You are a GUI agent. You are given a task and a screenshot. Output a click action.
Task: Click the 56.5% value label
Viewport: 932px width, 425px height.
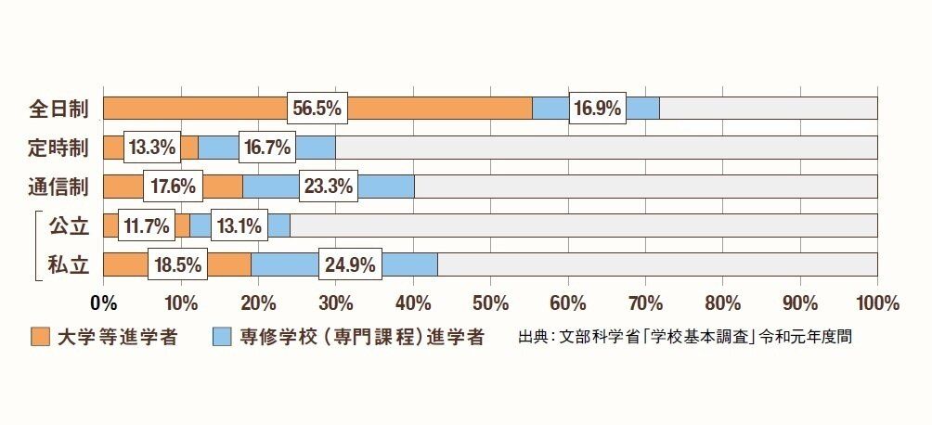(x=317, y=109)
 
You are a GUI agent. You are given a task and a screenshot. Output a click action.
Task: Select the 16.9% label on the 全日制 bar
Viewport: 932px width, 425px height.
(x=597, y=109)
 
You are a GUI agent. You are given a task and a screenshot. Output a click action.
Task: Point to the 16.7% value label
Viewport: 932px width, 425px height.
(x=266, y=148)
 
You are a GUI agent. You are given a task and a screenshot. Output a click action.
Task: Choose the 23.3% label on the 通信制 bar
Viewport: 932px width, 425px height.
(x=328, y=187)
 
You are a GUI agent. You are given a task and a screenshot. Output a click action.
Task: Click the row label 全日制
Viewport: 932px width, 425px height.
(x=58, y=109)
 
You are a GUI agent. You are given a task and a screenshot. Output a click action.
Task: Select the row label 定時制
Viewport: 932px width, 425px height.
(x=58, y=148)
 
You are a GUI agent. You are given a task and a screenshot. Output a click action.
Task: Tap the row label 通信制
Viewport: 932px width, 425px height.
(x=58, y=187)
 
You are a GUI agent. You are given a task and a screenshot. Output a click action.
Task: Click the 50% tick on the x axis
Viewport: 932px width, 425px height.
(x=490, y=303)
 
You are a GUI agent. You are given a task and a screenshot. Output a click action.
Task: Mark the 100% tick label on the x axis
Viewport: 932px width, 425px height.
(x=876, y=303)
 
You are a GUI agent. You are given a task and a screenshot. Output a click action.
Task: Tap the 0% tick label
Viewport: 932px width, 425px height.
(x=103, y=303)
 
